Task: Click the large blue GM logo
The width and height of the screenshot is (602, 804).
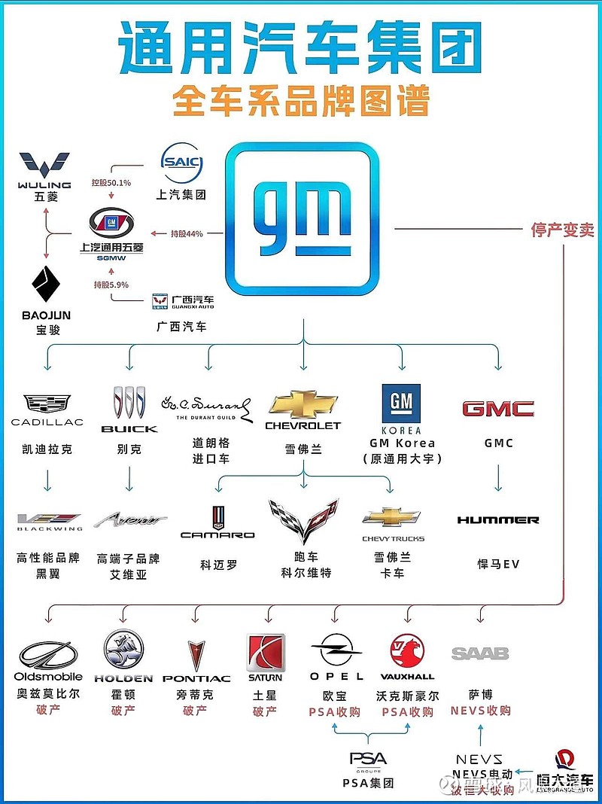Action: click(x=302, y=218)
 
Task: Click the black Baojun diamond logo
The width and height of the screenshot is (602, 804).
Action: click(x=44, y=287)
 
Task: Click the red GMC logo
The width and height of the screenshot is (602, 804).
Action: click(x=497, y=409)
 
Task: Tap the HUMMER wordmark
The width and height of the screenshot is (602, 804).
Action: click(x=497, y=520)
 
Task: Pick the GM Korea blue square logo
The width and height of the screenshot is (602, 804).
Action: click(x=401, y=406)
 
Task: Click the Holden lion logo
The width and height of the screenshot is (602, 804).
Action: click(x=123, y=648)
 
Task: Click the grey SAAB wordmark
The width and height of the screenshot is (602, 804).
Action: click(x=480, y=653)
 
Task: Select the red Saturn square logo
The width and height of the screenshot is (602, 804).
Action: click(x=266, y=652)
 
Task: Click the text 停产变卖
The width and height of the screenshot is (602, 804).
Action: click(x=562, y=230)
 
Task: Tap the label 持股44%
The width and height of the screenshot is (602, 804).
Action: click(x=186, y=234)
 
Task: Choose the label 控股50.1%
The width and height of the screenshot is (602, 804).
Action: click(x=111, y=183)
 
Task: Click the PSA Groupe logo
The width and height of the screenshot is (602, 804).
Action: click(x=368, y=760)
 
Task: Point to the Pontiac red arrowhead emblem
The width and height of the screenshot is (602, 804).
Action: click(x=195, y=655)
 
